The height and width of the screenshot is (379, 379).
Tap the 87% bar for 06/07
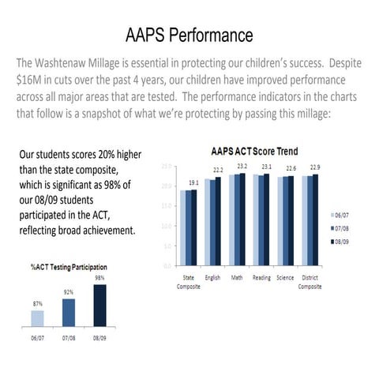coord(37,317)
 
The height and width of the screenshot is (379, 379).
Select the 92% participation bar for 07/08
coord(68,312)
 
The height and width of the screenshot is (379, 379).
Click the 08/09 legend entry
coord(343,242)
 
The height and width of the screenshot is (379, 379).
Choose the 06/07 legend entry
coord(343,214)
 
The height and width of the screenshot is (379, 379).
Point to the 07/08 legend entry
coord(343,228)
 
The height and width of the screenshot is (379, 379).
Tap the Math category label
coord(237,278)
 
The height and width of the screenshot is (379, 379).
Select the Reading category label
coord(261,278)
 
